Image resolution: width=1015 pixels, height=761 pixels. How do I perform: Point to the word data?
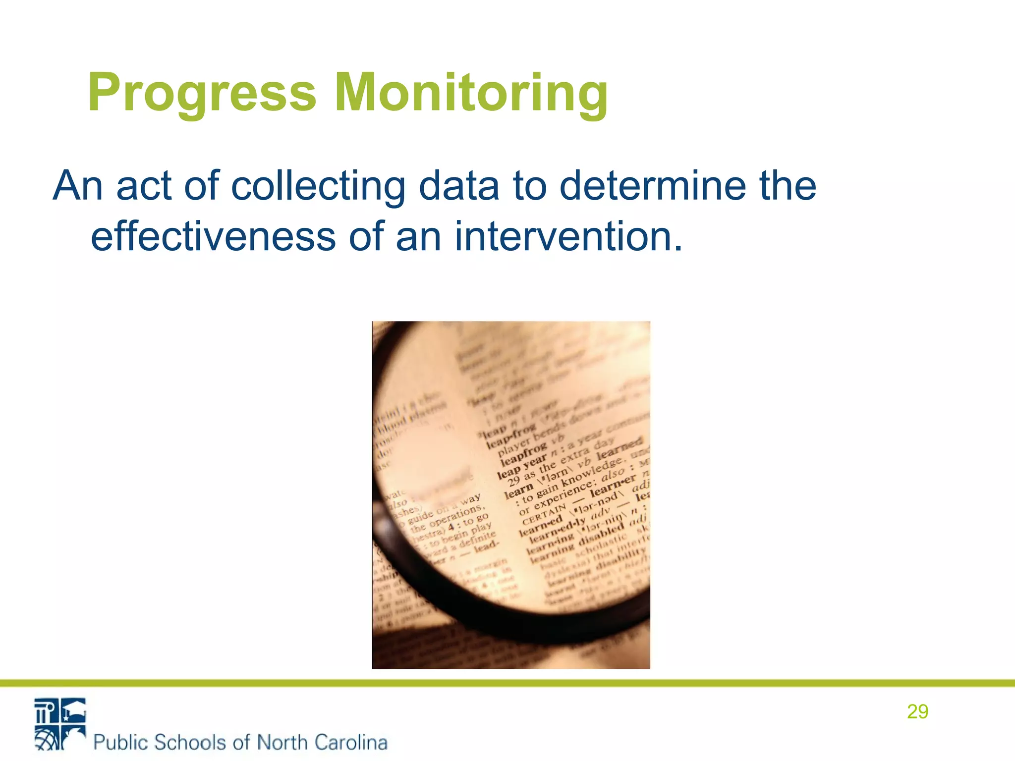click(x=458, y=186)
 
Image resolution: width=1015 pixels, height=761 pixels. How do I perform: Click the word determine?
click(x=652, y=186)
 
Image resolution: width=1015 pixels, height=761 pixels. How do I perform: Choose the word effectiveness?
click(x=213, y=236)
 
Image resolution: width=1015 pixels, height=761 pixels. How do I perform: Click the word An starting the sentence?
click(x=78, y=186)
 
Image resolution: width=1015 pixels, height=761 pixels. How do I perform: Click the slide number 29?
click(x=917, y=711)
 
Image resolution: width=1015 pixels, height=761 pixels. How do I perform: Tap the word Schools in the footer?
click(x=190, y=742)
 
